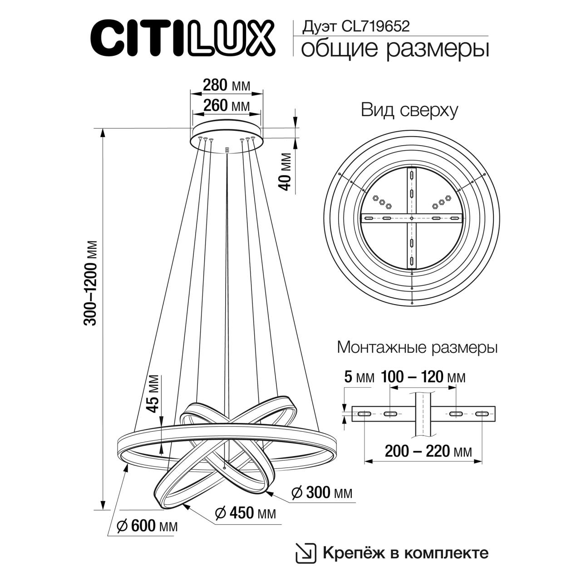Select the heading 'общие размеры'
(x=395, y=49)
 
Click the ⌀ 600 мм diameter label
(x=147, y=526)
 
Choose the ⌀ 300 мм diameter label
(x=322, y=492)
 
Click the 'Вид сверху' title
(x=409, y=110)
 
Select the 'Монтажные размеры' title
(x=417, y=348)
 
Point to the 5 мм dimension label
(x=359, y=377)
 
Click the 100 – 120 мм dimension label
(x=423, y=377)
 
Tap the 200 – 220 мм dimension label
(x=428, y=451)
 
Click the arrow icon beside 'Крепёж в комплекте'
(x=305, y=552)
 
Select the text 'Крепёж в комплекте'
(x=405, y=553)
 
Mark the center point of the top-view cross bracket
(x=411, y=218)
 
